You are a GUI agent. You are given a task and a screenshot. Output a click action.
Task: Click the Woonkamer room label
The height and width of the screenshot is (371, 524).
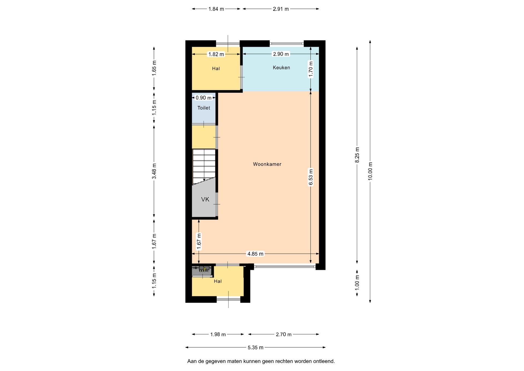267,164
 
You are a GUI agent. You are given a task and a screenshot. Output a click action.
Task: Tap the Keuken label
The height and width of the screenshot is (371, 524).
281,67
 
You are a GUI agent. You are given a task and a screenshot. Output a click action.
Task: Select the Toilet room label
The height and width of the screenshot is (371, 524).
204,108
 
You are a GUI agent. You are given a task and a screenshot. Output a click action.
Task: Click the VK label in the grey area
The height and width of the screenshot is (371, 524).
205,199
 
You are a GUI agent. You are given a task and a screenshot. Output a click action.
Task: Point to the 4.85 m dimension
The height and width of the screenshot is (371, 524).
255,254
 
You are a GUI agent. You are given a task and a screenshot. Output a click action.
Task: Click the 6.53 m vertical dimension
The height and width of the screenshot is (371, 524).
311,177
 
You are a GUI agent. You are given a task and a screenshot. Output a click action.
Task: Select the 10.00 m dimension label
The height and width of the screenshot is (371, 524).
370,171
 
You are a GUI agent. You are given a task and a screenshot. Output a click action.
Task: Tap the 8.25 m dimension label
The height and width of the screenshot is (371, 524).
357,155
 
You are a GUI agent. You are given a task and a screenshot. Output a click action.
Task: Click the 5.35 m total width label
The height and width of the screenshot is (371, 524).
255,348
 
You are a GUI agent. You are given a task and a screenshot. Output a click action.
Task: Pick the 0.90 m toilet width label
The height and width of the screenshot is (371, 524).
204,98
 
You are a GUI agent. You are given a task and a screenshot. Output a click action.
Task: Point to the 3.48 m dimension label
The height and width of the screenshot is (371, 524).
154,171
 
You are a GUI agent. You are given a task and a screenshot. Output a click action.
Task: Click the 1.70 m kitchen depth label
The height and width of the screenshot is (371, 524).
311,69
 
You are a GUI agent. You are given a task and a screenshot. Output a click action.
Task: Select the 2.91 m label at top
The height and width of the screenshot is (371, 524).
281,9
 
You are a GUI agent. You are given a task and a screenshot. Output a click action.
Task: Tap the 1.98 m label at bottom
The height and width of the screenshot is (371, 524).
218,334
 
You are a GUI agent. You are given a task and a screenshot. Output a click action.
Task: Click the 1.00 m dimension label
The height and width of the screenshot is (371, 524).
357,283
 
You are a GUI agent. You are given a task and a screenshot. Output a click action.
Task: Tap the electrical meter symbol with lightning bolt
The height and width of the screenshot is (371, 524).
204,269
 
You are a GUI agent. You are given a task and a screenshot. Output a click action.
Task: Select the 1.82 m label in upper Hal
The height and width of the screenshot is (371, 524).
216,54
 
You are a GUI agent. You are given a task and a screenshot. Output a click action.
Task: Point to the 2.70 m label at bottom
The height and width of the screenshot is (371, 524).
284,334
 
